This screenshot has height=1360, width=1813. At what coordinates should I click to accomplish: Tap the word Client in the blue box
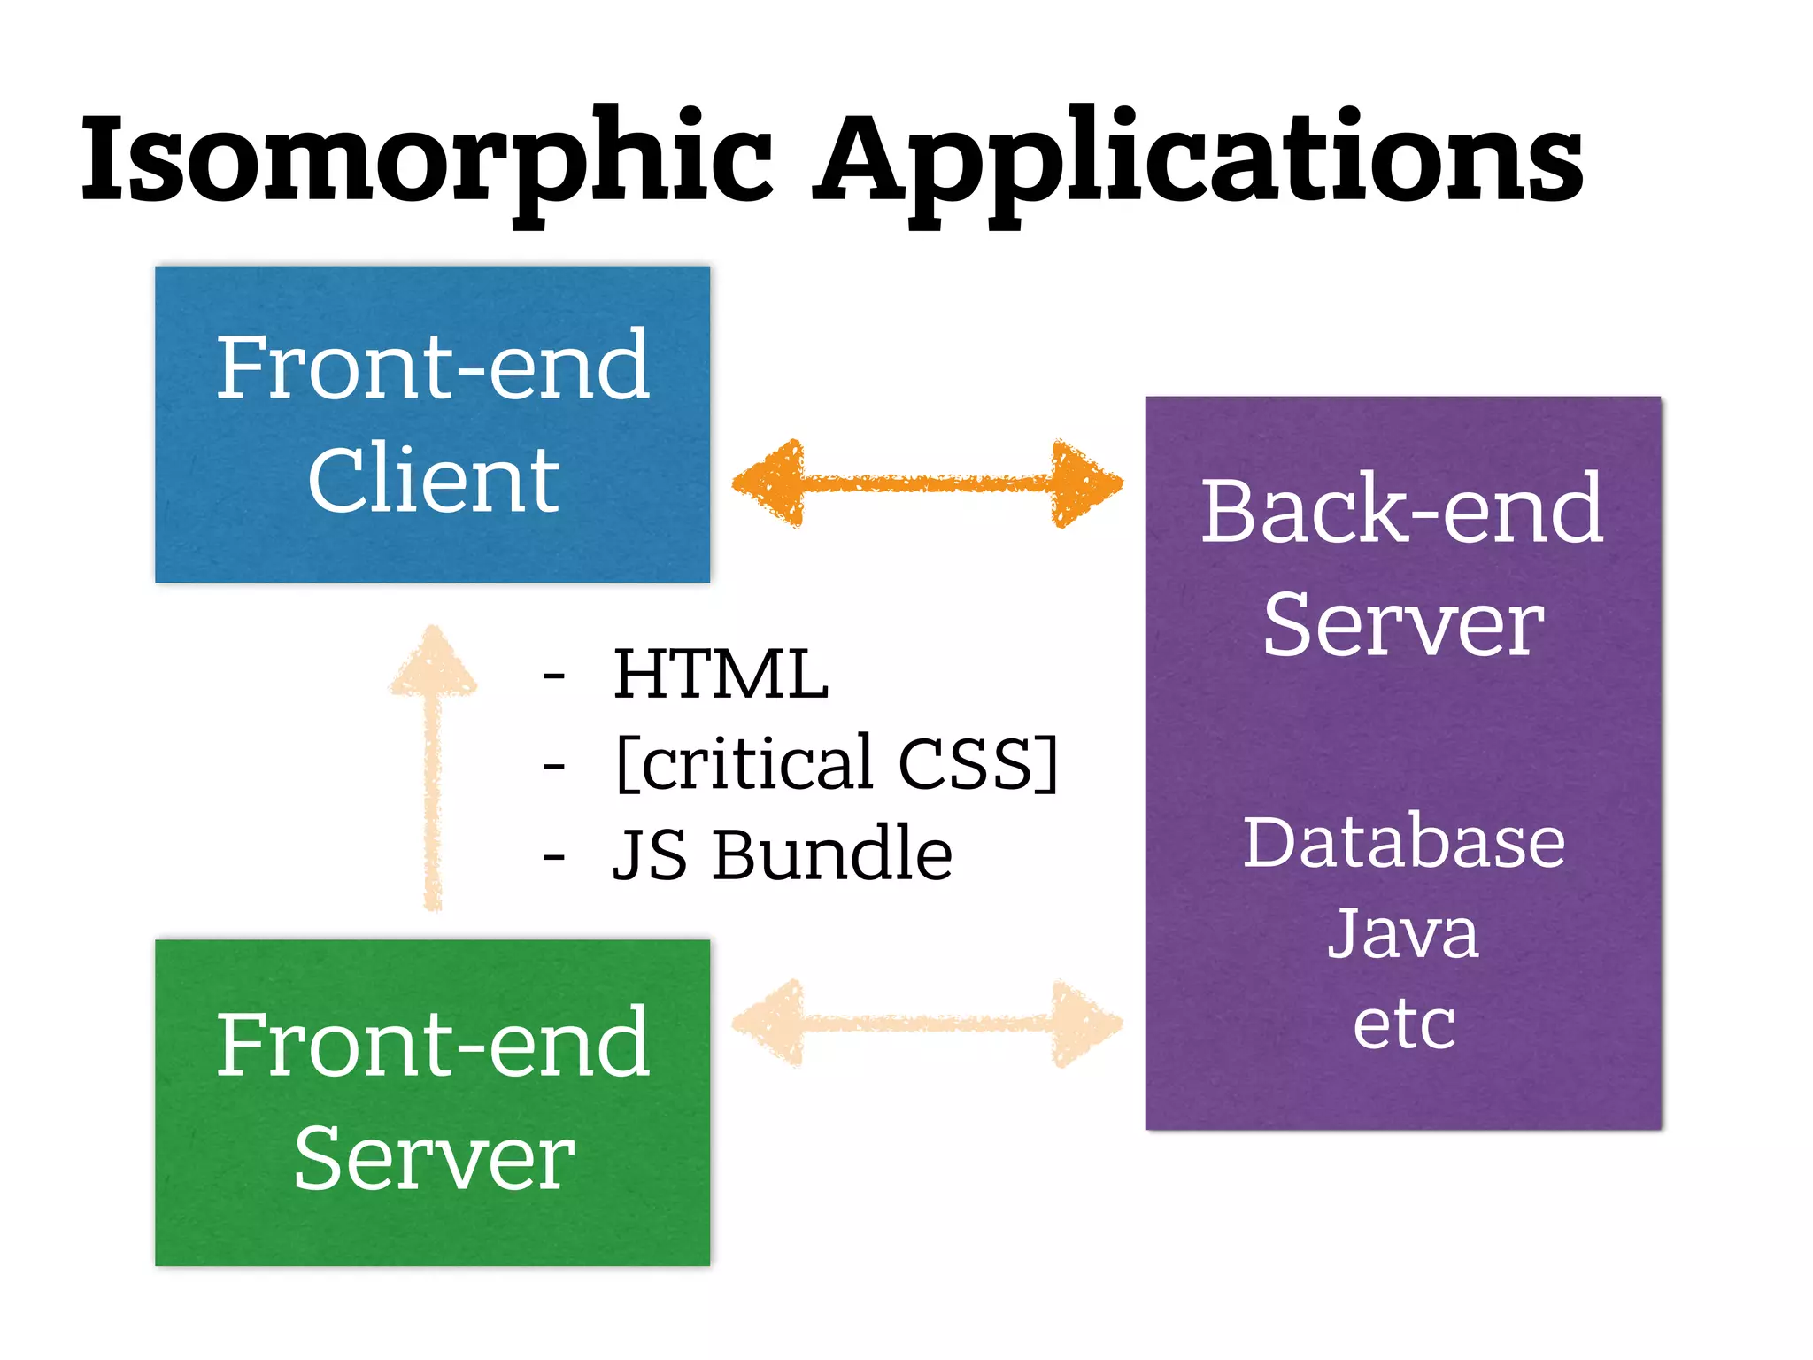point(433,479)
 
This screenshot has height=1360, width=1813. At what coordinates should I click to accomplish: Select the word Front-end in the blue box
point(433,366)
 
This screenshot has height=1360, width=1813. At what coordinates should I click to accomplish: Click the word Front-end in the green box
point(433,1045)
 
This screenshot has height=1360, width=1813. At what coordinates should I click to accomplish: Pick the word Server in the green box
point(433,1158)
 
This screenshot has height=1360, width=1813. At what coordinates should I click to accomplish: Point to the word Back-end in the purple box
point(1401,511)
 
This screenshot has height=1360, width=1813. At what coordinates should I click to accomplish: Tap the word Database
point(1403,842)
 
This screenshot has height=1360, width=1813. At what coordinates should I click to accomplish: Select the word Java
point(1403,933)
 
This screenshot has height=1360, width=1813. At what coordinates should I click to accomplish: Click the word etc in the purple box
point(1403,1024)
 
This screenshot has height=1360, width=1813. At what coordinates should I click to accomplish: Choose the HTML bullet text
point(721,675)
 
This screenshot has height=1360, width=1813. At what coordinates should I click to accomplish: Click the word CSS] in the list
point(978,763)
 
